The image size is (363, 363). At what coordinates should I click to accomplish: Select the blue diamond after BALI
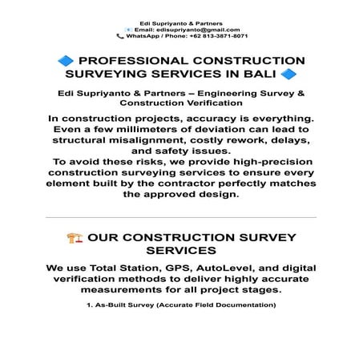pyautogui.click(x=288, y=76)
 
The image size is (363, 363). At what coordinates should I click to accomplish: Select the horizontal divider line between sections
pyautogui.click(x=181, y=217)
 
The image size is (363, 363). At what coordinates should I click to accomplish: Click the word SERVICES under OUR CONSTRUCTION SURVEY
pyautogui.click(x=181, y=252)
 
